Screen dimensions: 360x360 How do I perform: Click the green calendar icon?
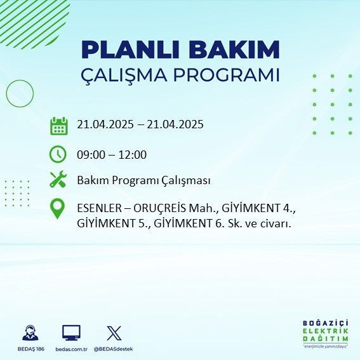tap(58, 125)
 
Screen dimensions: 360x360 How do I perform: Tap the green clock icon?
tap(58, 154)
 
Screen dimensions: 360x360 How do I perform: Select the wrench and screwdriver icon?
tap(58, 180)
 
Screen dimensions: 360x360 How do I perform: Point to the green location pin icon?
tap(58, 209)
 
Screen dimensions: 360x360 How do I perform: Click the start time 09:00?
tap(91, 154)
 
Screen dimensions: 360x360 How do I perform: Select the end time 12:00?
tap(133, 154)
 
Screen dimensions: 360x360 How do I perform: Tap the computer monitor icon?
tap(71, 332)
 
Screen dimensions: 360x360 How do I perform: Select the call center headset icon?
tap(29, 332)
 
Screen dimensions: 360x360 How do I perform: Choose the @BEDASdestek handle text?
tap(113, 349)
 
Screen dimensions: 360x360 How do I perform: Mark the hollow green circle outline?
tap(20, 93)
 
